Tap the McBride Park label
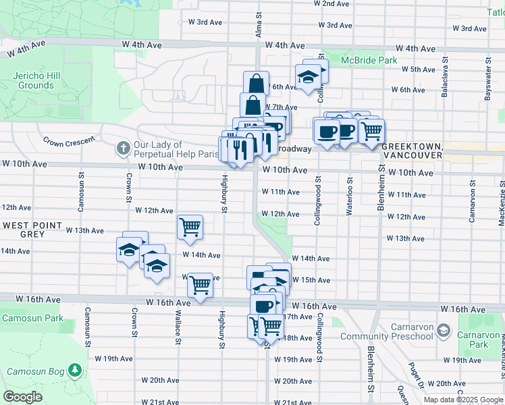pyautogui.click(x=369, y=60)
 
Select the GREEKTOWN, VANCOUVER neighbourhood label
pyautogui.click(x=412, y=150)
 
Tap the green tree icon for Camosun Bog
pyautogui.click(x=75, y=371)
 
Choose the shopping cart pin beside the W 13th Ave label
pyautogui.click(x=190, y=227)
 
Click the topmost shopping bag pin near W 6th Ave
pyautogui.click(x=257, y=84)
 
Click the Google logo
pyautogui.click(x=22, y=397)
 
